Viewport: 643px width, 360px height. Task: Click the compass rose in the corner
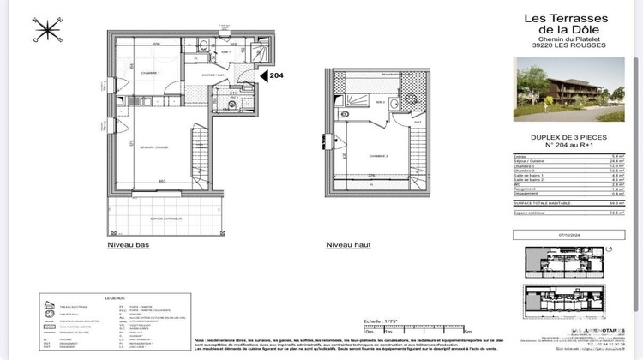pos(41,30)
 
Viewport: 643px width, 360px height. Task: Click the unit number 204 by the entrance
pos(276,75)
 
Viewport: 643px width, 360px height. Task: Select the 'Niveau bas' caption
pos(128,245)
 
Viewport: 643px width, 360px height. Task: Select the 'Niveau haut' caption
pos(348,245)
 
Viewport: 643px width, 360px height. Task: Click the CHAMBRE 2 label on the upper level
pos(369,156)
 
